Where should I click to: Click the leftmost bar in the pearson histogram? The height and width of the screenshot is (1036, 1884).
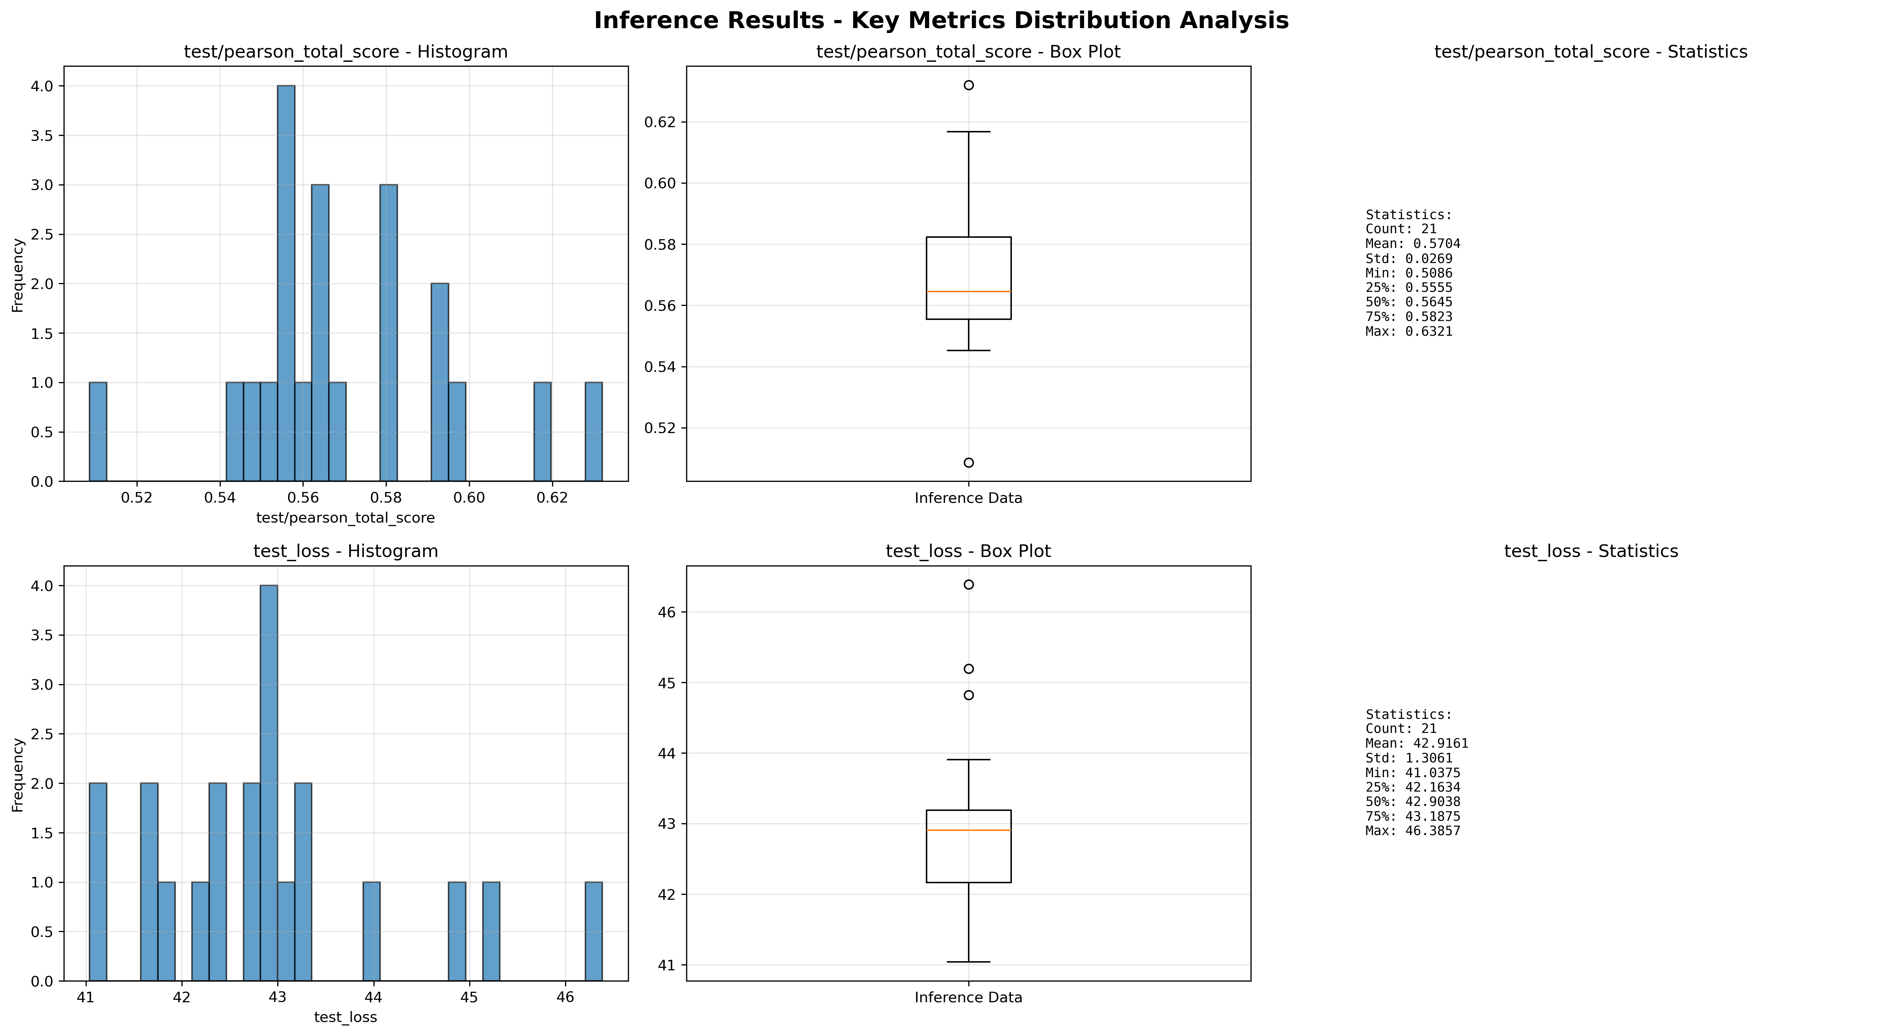[98, 432]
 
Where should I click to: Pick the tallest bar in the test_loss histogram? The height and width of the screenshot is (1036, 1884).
[268, 783]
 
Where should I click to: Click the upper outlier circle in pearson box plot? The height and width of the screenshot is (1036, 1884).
[968, 85]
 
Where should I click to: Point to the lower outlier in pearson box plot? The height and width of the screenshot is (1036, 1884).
[968, 463]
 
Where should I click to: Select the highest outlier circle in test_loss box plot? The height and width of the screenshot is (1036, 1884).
[968, 585]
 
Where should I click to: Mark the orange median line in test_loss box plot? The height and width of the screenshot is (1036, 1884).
[968, 831]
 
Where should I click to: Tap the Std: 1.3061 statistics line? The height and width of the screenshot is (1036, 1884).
[1408, 758]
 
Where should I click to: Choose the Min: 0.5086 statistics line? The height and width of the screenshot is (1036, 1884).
[1408, 273]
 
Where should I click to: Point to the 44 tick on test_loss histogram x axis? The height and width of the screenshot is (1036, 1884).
[374, 998]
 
